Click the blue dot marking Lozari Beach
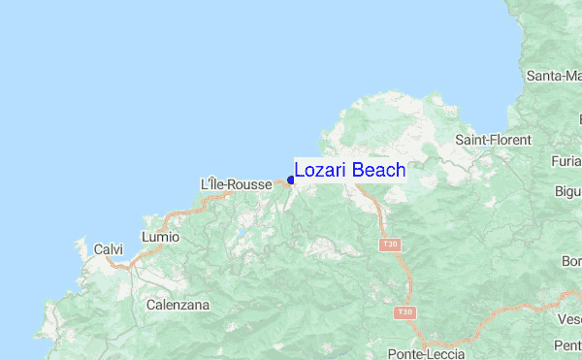tap(291, 180)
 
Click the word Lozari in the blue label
tap(320, 171)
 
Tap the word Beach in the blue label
tap(378, 171)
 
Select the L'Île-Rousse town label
tap(236, 184)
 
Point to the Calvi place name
tap(108, 249)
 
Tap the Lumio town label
tap(160, 236)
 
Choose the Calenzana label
tap(177, 305)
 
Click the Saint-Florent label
tap(493, 140)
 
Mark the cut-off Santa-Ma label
tap(553, 75)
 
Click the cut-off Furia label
tap(565, 161)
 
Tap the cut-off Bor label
tap(570, 262)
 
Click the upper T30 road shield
tap(390, 244)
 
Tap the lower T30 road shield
tap(404, 312)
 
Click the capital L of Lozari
tap(300, 171)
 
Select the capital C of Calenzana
tap(150, 305)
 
